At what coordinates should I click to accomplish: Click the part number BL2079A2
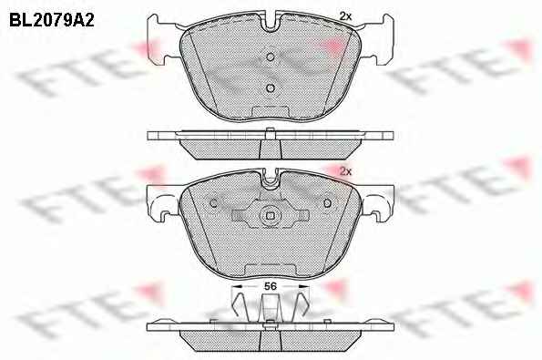(52, 20)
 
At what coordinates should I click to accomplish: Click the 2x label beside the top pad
(345, 15)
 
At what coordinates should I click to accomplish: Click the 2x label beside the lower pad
(345, 171)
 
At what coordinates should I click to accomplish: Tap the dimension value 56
(271, 286)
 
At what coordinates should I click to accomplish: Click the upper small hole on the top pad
(271, 57)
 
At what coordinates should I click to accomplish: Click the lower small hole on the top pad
(271, 88)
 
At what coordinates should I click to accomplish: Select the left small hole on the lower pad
(214, 203)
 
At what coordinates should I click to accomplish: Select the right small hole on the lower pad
(327, 203)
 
